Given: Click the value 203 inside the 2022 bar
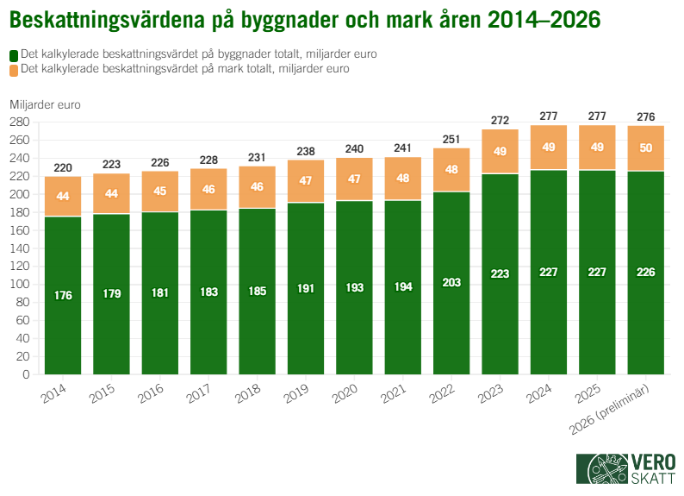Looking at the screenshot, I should coord(451,283).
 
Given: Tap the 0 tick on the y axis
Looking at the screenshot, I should coord(27,374).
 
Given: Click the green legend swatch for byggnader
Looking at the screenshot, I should coord(13,54).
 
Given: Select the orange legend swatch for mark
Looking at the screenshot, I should coord(13,69).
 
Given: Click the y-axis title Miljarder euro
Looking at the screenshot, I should coord(46,104).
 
